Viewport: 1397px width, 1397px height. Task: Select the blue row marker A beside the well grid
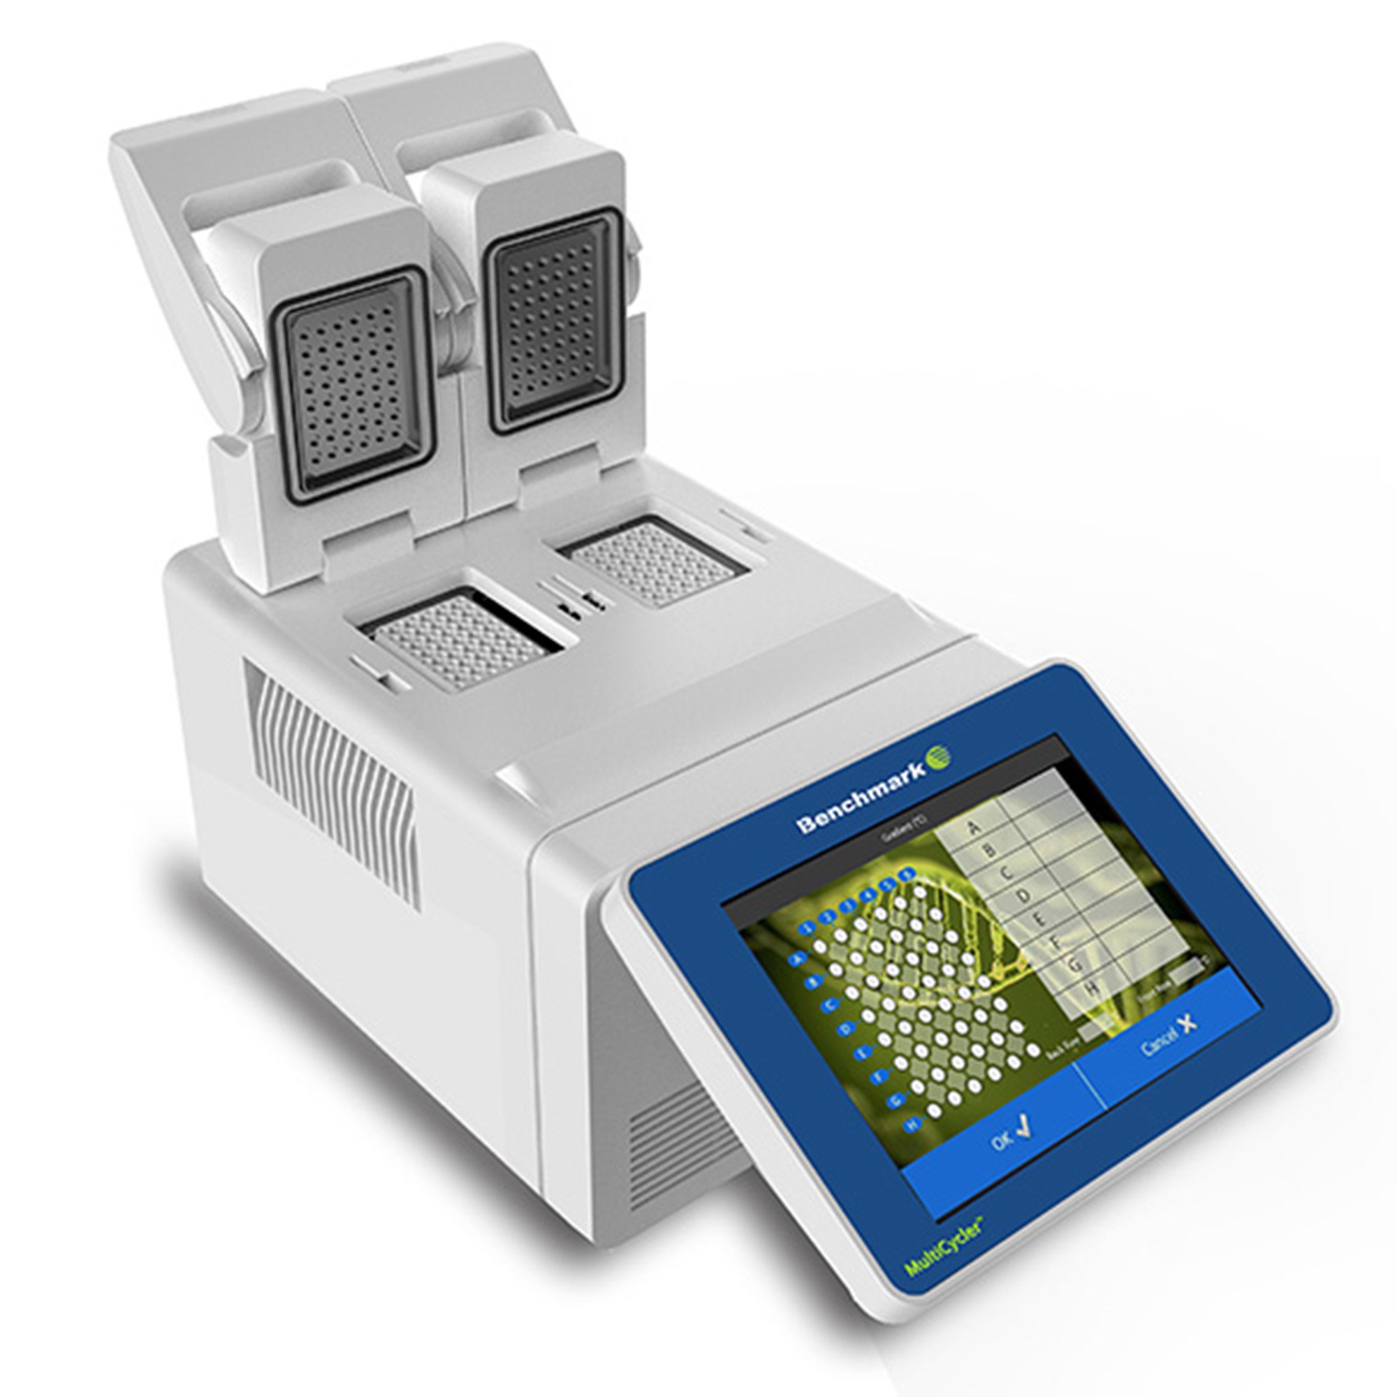coord(798,959)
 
